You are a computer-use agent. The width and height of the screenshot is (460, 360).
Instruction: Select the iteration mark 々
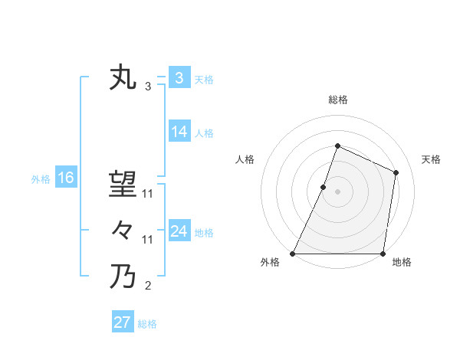click(123, 230)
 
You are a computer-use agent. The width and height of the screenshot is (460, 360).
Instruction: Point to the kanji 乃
click(123, 276)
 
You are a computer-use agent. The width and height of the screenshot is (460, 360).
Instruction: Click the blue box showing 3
click(179, 78)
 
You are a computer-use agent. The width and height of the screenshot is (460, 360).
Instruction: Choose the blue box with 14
click(179, 132)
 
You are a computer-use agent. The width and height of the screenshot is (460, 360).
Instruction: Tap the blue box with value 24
click(179, 231)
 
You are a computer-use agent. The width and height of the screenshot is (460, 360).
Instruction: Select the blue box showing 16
click(66, 178)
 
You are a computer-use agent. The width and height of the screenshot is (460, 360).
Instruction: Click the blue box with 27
click(123, 322)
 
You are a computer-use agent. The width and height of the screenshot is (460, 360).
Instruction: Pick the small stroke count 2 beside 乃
click(148, 286)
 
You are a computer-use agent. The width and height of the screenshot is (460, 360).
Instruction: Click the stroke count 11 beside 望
click(148, 195)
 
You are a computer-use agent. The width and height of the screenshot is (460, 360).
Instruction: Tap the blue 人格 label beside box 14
click(204, 133)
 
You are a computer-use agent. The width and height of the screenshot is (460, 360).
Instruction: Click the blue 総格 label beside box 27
click(147, 324)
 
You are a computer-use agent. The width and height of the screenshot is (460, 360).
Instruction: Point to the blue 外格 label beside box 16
click(41, 179)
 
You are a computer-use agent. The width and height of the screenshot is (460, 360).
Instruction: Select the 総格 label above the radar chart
click(338, 100)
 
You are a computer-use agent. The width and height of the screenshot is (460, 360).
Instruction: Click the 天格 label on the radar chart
click(432, 159)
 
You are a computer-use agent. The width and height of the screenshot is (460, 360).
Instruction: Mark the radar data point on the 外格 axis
click(293, 254)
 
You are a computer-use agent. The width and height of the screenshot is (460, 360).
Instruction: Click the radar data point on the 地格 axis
click(383, 254)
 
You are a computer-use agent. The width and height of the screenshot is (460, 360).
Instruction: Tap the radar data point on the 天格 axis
click(396, 172)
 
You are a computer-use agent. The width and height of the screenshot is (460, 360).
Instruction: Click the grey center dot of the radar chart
click(338, 191)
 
